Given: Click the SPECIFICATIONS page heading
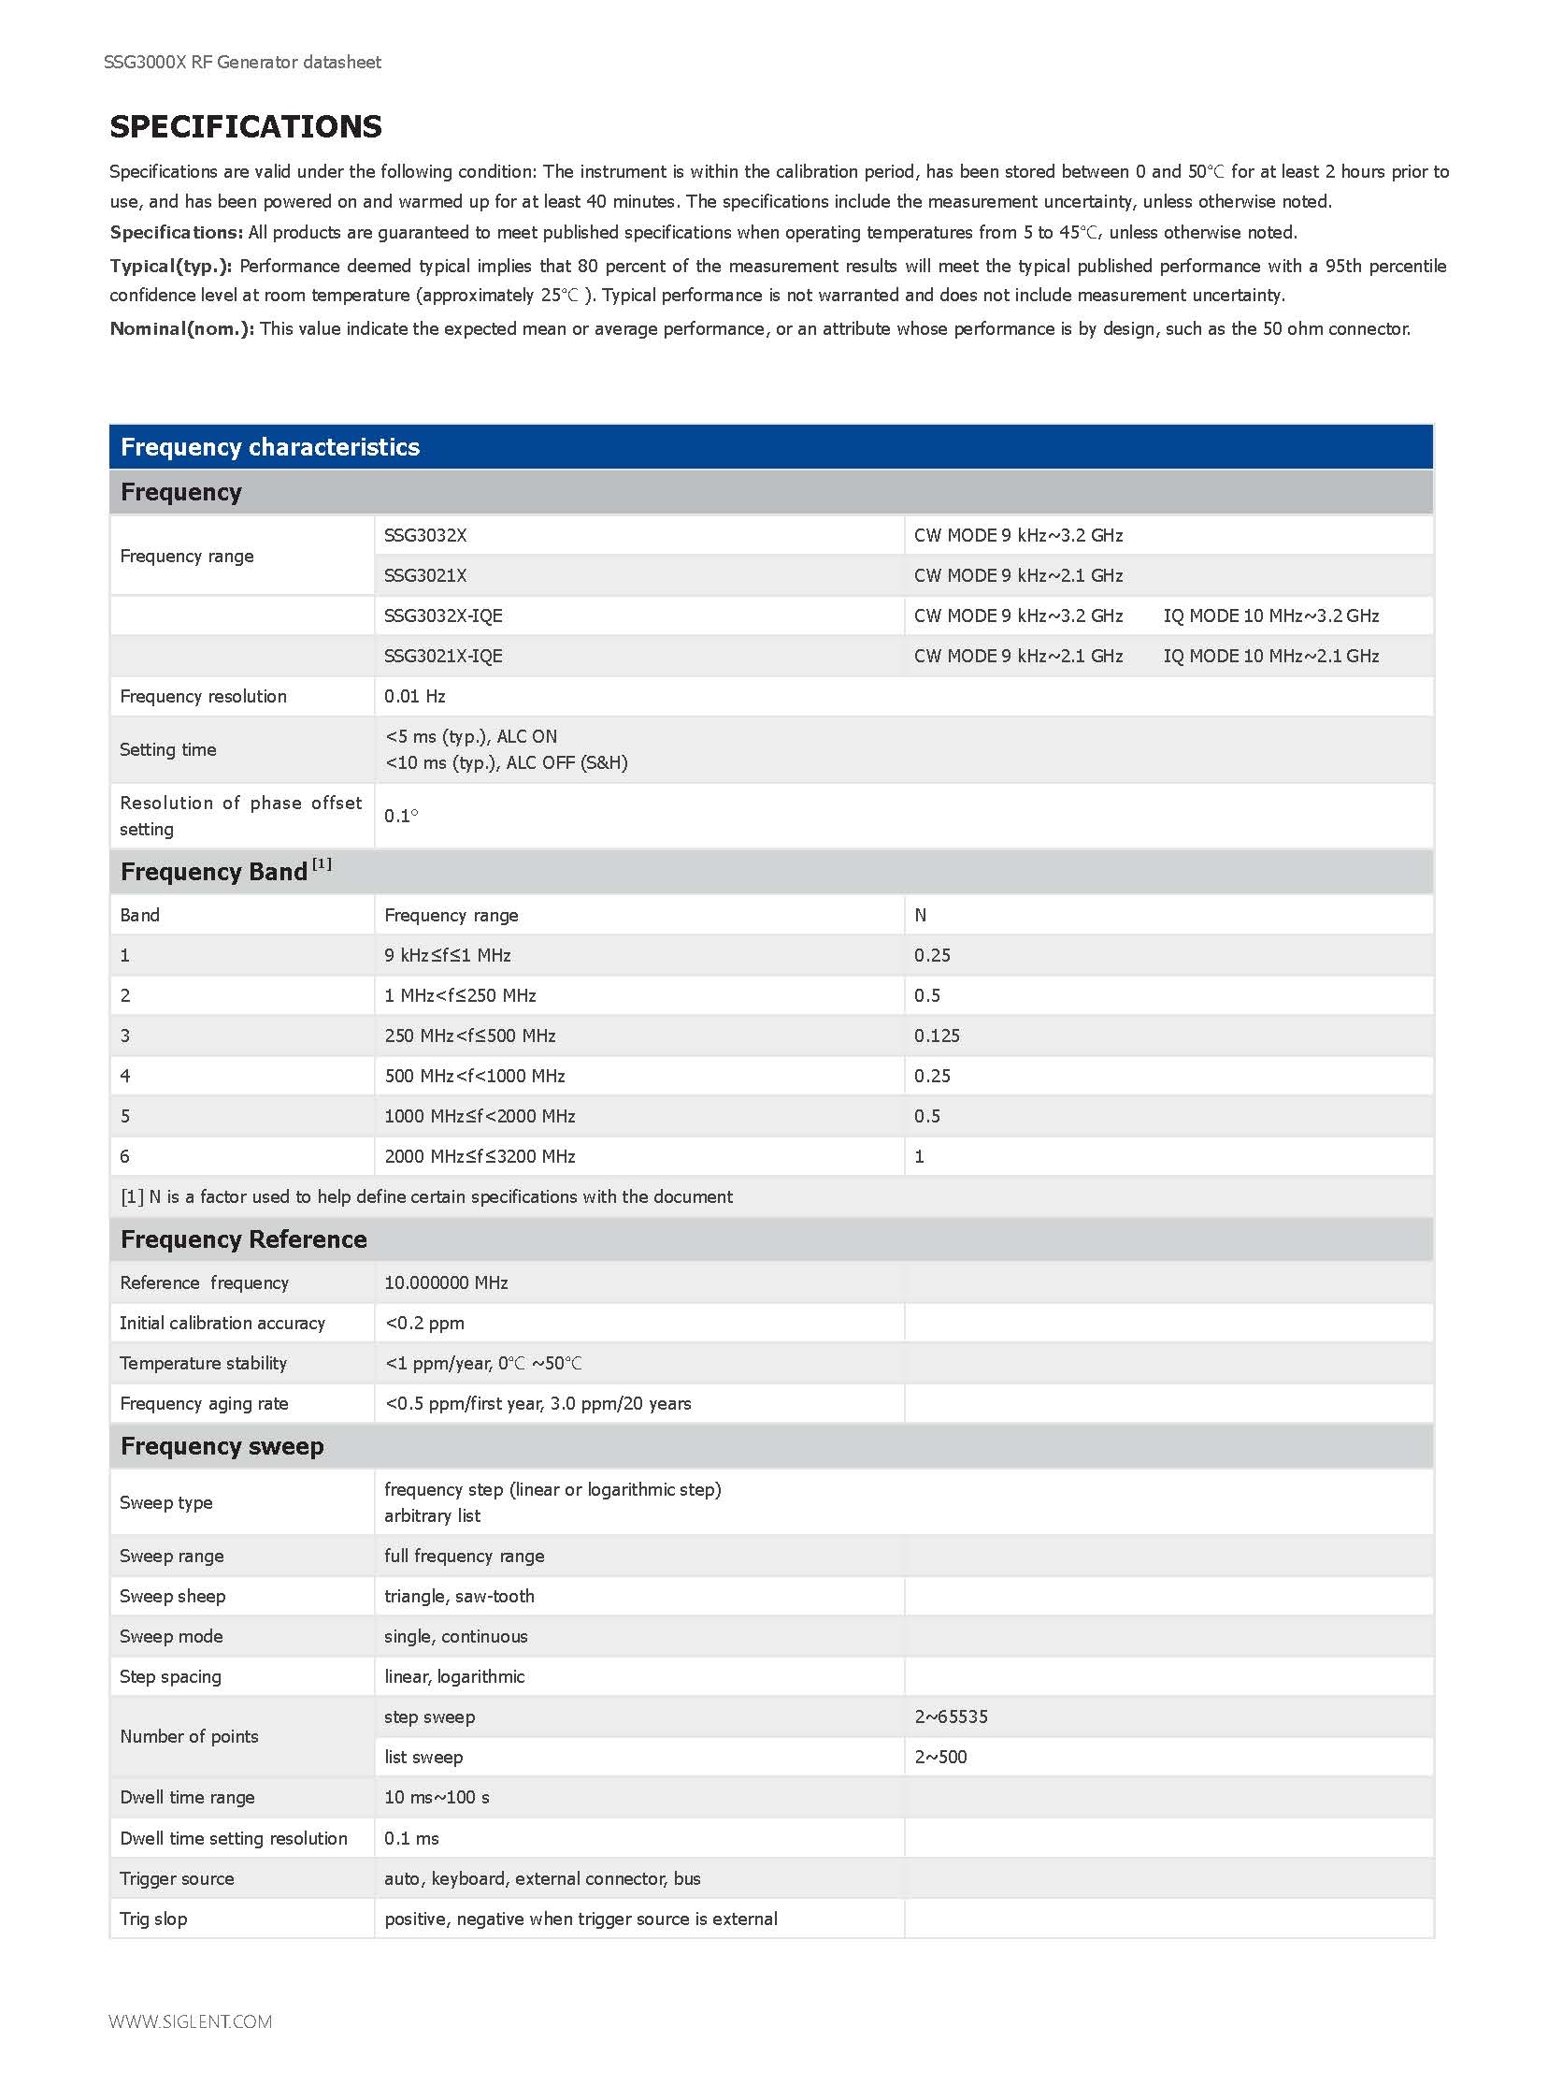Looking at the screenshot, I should (x=246, y=126).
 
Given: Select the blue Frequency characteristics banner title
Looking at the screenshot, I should (x=270, y=447).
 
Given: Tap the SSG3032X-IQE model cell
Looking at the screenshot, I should (x=443, y=616).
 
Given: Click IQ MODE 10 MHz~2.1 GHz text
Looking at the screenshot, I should (x=1270, y=657).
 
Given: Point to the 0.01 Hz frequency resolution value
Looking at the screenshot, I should (x=414, y=697).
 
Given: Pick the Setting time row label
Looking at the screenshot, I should (x=167, y=750).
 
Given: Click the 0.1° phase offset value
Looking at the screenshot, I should (x=401, y=816).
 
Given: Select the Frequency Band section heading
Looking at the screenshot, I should (x=225, y=872).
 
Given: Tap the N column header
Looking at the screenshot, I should (x=920, y=915).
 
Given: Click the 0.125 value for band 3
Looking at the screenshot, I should (x=937, y=1036).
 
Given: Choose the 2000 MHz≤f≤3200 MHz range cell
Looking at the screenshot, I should (x=480, y=1157).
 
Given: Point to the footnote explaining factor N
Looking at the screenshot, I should (x=426, y=1197).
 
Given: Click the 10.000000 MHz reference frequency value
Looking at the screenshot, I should (x=446, y=1283).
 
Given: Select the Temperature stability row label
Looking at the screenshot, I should (x=204, y=1364).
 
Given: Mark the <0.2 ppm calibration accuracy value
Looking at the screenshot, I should (x=424, y=1324).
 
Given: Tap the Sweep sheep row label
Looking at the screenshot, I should (x=172, y=1597).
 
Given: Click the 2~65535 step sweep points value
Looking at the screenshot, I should (x=951, y=1717).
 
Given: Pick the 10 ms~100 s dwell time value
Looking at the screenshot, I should (x=437, y=1798).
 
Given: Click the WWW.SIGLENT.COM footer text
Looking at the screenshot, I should (x=190, y=2022).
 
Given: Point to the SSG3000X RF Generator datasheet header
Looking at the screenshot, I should (x=243, y=62).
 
